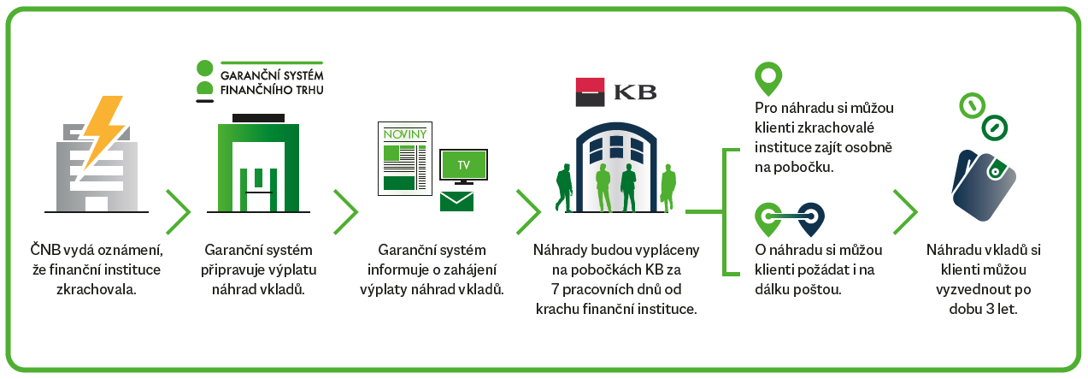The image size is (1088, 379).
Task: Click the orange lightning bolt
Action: [103, 131]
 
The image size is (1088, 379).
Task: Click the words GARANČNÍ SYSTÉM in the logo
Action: [272, 75]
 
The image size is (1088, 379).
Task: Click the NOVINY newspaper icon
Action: [405, 159]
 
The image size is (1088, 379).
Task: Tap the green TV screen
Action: [463, 165]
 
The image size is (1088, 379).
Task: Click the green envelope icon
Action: [456, 201]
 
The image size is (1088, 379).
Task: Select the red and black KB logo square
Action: [590, 92]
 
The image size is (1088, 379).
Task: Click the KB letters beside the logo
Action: [635, 92]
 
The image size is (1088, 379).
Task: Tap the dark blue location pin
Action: [810, 220]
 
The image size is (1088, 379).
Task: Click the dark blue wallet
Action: [984, 185]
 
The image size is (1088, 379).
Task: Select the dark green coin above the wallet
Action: [995, 127]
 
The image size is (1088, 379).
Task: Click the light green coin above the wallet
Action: [972, 105]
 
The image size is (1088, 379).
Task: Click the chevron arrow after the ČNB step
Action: [179, 212]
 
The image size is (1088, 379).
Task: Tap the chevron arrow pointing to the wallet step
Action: [905, 212]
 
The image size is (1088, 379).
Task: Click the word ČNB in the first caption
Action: [45, 249]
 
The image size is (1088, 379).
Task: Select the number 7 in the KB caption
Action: [556, 289]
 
